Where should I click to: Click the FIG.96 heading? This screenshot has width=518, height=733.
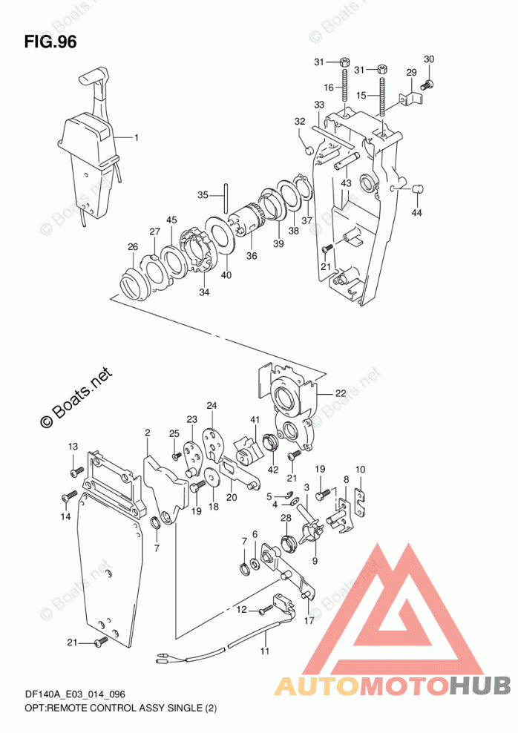coord(50,42)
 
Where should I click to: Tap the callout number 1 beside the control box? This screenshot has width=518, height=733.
coord(137,137)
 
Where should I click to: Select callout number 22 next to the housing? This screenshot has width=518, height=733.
coord(340,394)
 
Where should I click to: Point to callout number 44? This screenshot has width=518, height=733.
coord(416,214)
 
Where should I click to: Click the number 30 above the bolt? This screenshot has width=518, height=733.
coord(429,59)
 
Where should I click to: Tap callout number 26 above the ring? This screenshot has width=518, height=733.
coord(132,247)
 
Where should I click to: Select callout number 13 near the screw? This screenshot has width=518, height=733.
coord(73,446)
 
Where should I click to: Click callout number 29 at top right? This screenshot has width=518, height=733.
coord(411,72)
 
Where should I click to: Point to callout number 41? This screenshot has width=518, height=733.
coord(255,421)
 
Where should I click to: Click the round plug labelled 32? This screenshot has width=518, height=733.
coord(304,152)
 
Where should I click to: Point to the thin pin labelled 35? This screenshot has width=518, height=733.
coord(223,196)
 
